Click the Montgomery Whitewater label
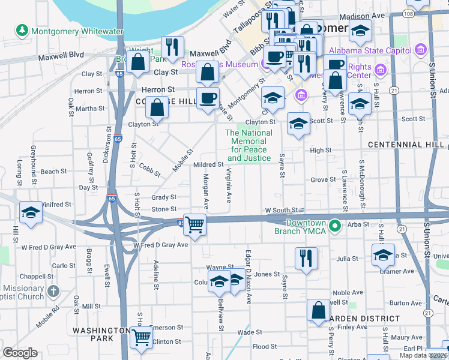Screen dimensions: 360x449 78,31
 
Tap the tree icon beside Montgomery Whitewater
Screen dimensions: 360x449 22,29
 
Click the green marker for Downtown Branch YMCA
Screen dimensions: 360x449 336,226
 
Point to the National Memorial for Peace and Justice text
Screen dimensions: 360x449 248,145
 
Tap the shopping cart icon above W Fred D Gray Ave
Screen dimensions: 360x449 195,225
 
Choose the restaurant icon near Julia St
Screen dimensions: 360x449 306,257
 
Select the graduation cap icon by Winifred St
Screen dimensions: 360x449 31,212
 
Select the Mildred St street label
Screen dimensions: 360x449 208,164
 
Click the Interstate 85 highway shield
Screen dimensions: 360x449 181,223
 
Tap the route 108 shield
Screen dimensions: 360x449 408,13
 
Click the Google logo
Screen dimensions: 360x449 20,353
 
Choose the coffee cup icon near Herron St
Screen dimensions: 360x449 208,98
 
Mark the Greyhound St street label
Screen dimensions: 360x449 34,157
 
